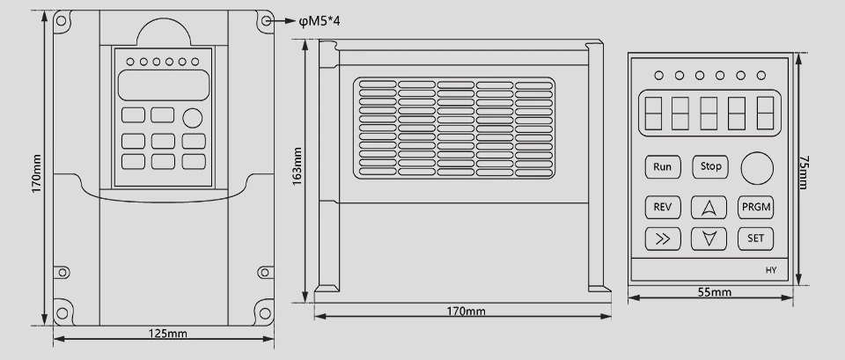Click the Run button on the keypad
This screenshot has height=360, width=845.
663,165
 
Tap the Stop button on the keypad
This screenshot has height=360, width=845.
710,165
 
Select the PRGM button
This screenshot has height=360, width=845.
755,208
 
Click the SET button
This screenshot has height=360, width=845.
755,238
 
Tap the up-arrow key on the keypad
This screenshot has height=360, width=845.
709,208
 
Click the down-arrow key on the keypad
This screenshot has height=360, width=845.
709,238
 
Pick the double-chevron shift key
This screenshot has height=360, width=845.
663,238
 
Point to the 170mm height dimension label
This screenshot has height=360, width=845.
35,174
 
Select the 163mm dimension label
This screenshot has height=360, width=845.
298,165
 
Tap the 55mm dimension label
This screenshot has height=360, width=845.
715,292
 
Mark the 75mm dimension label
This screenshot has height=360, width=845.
804,173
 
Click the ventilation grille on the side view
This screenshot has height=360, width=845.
455,125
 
